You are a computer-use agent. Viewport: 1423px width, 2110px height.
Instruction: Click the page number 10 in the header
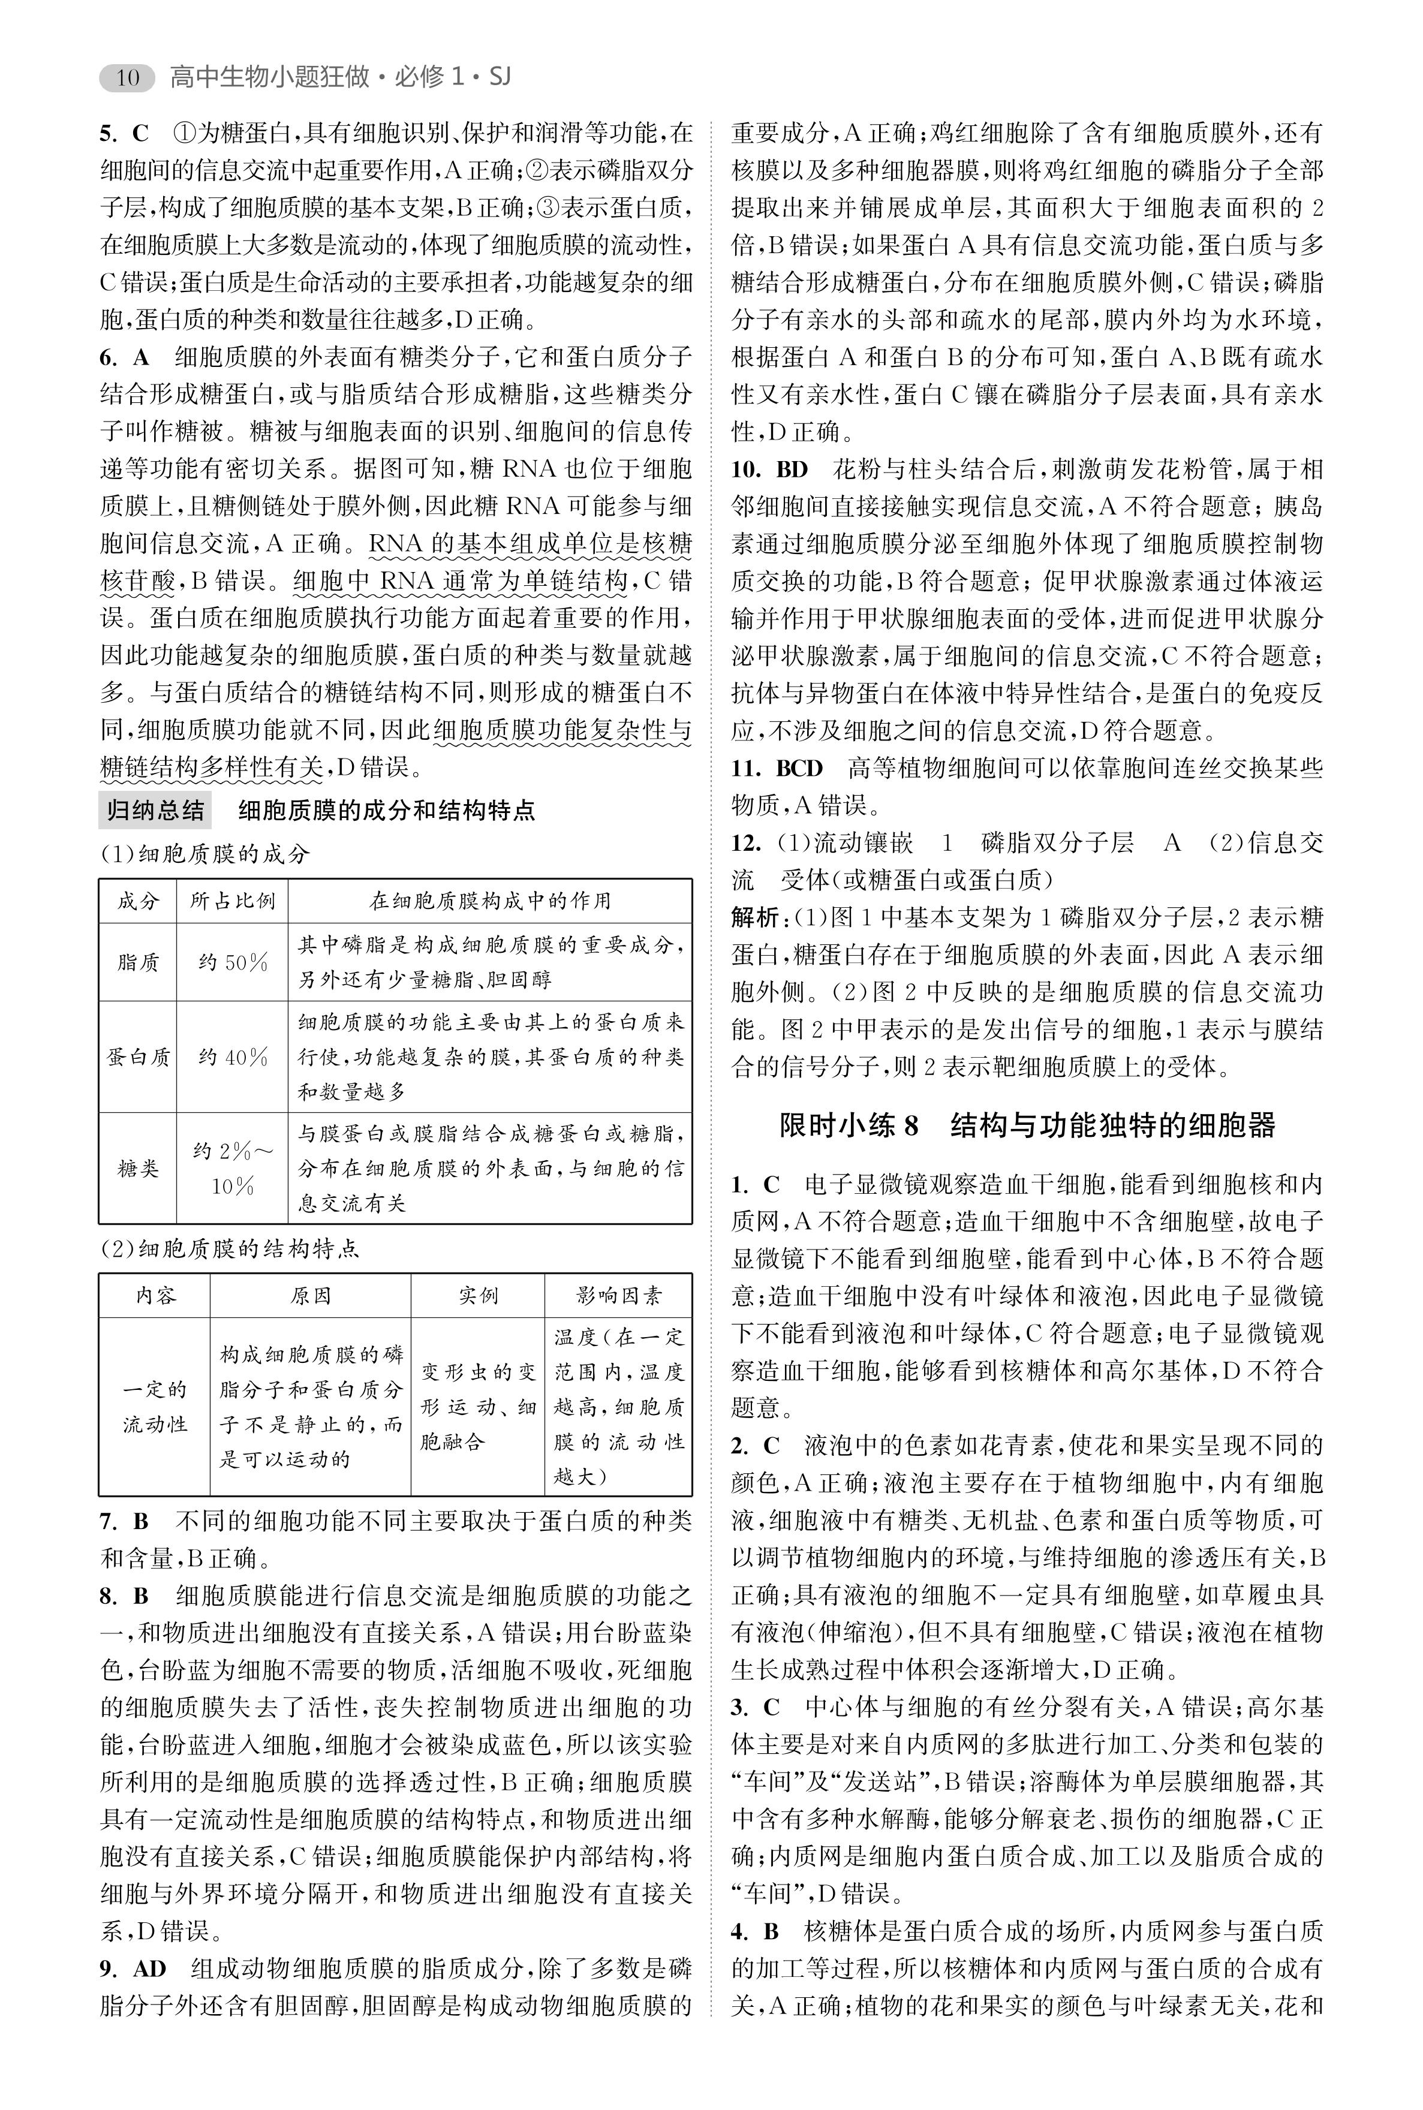pyautogui.click(x=128, y=78)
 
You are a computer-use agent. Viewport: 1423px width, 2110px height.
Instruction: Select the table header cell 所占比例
pyautogui.click(x=232, y=901)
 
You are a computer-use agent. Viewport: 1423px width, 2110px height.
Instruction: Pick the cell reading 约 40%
pyautogui.click(x=232, y=1057)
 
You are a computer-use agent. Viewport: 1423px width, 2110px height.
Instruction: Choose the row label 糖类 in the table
pyautogui.click(x=138, y=1168)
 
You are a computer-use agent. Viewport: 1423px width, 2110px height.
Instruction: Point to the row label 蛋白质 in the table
pyautogui.click(x=138, y=1057)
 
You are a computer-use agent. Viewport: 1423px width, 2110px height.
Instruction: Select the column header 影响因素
pyautogui.click(x=619, y=1296)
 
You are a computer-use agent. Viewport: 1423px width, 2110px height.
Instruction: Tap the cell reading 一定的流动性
pyautogui.click(x=154, y=1407)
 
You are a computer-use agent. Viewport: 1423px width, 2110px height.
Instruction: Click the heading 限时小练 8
pyautogui.click(x=849, y=1126)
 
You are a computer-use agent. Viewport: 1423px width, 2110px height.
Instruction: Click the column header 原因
pyautogui.click(x=311, y=1296)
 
